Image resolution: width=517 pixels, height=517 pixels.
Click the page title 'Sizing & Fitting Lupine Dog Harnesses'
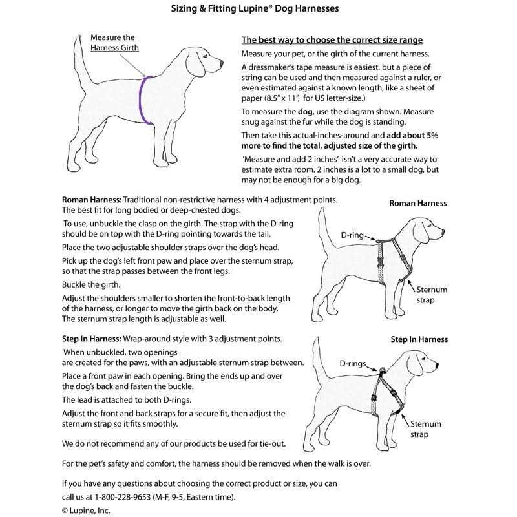pyautogui.click(x=258, y=10)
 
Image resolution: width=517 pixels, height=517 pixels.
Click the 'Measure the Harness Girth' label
pyautogui.click(x=114, y=43)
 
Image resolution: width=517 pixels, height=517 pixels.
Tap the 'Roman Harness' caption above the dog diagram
pyautogui.click(x=417, y=203)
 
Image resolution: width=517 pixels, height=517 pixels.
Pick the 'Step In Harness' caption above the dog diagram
pyautogui.click(x=419, y=339)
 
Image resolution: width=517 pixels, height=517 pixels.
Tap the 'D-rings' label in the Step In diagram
pyautogui.click(x=355, y=364)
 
